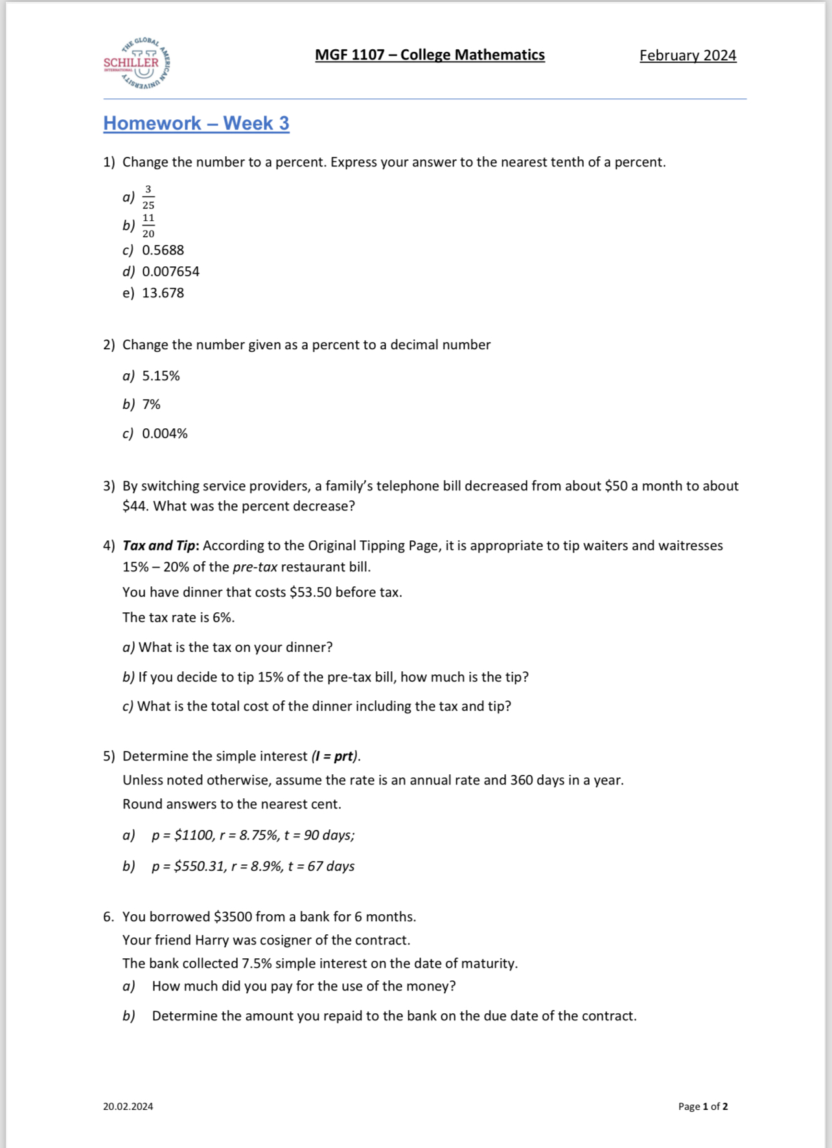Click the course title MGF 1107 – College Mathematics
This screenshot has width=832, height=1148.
430,55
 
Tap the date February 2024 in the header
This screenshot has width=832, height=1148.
688,56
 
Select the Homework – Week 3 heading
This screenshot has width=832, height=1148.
196,123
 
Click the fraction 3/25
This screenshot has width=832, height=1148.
148,197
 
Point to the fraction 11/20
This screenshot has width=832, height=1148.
148,225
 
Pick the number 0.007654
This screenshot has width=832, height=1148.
170,271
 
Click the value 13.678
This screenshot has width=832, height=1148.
163,293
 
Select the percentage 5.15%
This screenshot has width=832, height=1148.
161,376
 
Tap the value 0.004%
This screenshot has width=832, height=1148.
165,433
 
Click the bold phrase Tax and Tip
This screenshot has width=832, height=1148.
160,545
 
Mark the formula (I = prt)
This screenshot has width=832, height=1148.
335,756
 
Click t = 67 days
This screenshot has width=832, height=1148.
321,866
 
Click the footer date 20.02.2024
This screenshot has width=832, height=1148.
128,1107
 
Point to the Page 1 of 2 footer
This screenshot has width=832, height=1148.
702,1107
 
